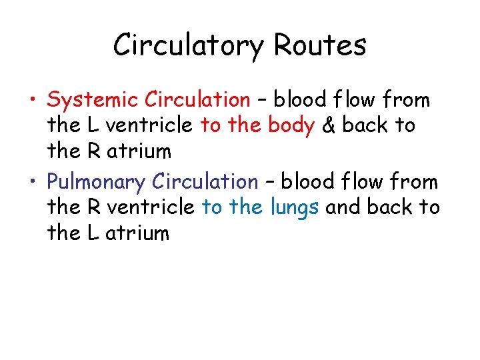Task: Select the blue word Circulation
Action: [204, 181]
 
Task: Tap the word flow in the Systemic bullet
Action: [353, 100]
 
